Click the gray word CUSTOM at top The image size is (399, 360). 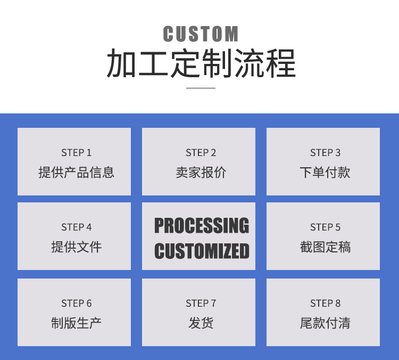201,34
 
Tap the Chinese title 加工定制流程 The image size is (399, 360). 201,64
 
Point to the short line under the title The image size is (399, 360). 201,88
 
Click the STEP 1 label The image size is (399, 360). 76,153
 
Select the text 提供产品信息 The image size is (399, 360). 76,173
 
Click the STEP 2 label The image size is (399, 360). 201,153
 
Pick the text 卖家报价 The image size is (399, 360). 201,173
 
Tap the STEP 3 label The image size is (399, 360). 325,153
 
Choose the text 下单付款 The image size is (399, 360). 325,173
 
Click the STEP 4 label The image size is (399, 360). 76,227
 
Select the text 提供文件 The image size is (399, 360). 76,247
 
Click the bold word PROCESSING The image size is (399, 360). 201,226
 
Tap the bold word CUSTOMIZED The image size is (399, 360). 201,251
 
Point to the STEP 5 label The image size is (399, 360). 325,227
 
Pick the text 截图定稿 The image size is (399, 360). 325,247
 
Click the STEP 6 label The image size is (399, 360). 76,304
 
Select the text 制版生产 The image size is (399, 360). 76,323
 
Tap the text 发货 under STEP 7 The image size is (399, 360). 201,323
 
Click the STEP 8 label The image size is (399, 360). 325,304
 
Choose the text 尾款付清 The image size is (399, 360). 325,323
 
